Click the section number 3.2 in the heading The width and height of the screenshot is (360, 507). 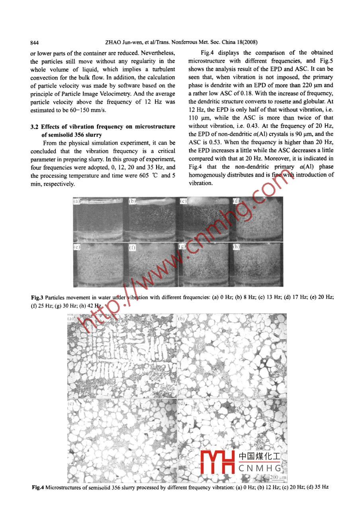[35, 127]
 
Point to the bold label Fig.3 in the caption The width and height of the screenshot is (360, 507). [37, 298]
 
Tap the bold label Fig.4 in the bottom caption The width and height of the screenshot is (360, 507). [38, 487]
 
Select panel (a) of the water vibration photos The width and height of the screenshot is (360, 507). [98, 219]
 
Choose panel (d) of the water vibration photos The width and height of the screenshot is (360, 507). [258, 219]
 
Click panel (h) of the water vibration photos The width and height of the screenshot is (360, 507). [258, 264]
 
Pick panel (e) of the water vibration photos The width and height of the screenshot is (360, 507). [98, 264]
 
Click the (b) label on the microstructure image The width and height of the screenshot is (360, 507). [181, 319]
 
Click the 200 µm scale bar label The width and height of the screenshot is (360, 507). [278, 477]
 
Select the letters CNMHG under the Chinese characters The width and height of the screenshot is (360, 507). [260, 468]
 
